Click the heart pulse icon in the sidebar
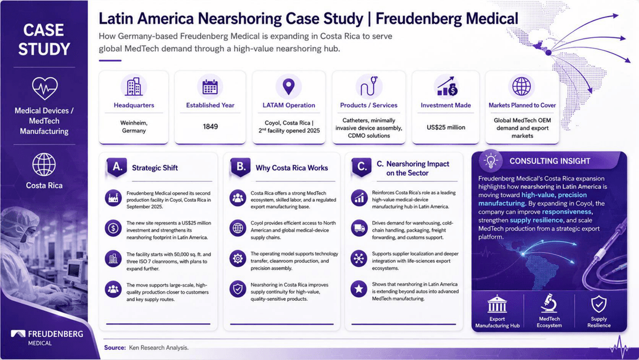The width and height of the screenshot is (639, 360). [x=44, y=88]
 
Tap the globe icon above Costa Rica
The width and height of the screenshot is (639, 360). [x=44, y=165]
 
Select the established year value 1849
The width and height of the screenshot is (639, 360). [x=210, y=127]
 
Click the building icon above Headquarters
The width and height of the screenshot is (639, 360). [x=134, y=86]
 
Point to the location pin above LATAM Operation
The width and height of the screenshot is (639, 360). [x=289, y=86]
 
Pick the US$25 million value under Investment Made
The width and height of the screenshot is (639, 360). [x=446, y=127]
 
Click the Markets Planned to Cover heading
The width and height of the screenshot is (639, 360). [x=522, y=105]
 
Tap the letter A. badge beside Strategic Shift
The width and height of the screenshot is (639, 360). [x=117, y=167]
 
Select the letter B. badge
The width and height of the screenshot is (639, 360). [x=240, y=167]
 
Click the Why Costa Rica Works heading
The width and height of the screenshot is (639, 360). [x=292, y=168]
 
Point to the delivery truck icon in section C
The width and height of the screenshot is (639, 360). [x=359, y=228]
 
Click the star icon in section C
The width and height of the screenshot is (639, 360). [x=359, y=289]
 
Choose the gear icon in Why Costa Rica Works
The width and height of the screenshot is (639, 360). [x=238, y=259]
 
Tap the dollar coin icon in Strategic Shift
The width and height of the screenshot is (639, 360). [x=113, y=229]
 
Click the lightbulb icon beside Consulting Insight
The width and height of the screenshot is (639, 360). [x=490, y=160]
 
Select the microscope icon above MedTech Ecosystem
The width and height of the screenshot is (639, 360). [x=549, y=303]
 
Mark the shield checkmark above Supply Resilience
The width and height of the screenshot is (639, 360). [x=599, y=304]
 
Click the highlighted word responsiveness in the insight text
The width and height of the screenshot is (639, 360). [x=566, y=211]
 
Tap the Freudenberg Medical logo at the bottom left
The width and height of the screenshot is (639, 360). [x=47, y=337]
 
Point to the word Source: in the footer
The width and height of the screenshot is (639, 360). [x=115, y=348]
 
